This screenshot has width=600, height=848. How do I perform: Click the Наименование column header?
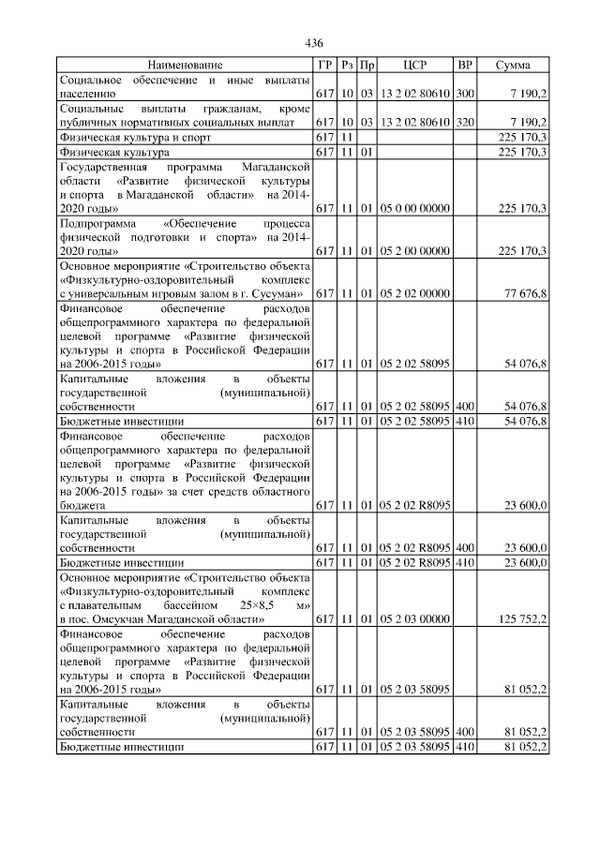tap(186, 65)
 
